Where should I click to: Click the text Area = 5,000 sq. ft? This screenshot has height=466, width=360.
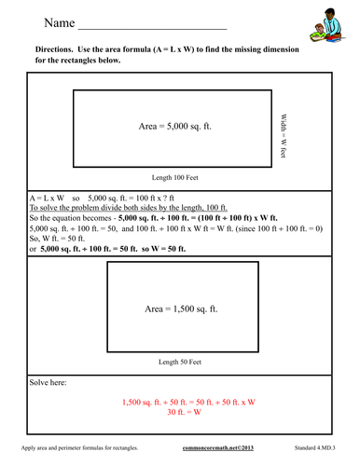click(174, 125)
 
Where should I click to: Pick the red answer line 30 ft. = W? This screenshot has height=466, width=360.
click(181, 411)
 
